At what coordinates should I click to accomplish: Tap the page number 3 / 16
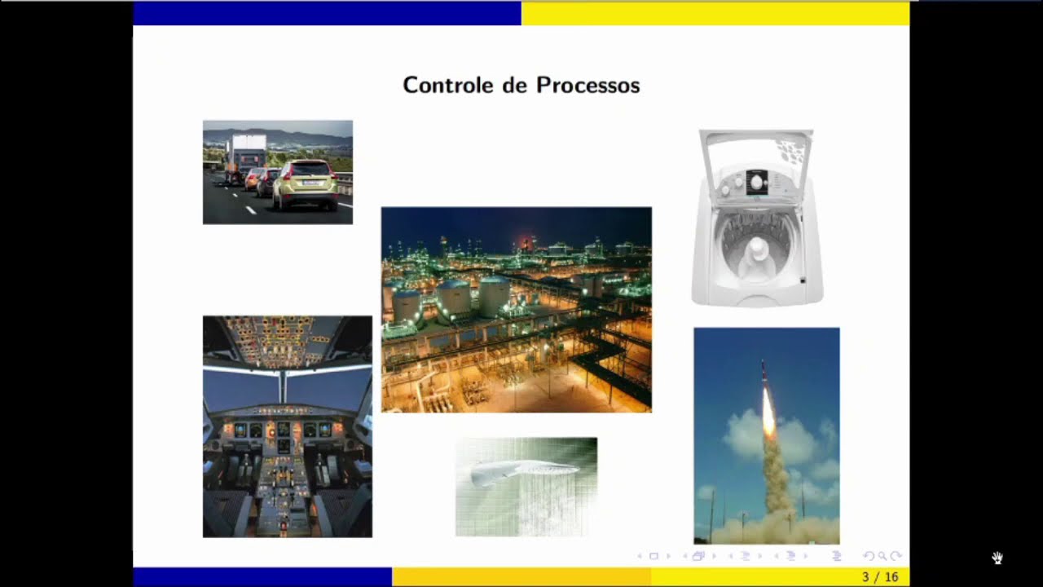point(880,577)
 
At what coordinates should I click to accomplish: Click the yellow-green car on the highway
point(306,184)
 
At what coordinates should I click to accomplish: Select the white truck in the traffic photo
point(245,154)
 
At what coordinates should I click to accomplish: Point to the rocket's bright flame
point(768,412)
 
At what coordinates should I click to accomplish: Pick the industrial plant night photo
point(516,310)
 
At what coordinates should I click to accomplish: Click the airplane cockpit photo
point(287,426)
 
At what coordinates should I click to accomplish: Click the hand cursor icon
point(997,558)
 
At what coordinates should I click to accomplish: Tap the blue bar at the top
point(326,13)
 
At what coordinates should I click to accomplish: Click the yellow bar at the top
point(715,13)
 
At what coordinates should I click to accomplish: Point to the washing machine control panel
point(757,183)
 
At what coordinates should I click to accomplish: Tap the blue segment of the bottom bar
point(262,577)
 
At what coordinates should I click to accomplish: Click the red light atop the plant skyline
point(523,241)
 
